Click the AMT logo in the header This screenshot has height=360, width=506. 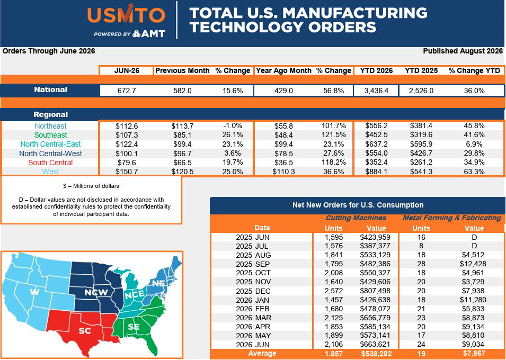pos(149,33)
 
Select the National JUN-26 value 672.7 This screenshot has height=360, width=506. pos(126,91)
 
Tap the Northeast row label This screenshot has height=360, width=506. pos(51,126)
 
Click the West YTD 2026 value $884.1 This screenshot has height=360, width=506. pos(376,172)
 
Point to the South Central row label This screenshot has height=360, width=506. pos(50,163)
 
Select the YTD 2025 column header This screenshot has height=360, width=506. pos(421,70)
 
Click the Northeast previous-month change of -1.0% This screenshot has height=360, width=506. pos(233,126)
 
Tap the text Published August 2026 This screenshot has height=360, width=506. pos(463,51)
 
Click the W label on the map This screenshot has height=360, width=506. pos(34,292)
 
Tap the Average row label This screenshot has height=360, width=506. pos(262,353)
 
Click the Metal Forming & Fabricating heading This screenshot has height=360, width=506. pos(452,218)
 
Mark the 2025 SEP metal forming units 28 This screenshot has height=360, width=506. pos(421,264)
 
